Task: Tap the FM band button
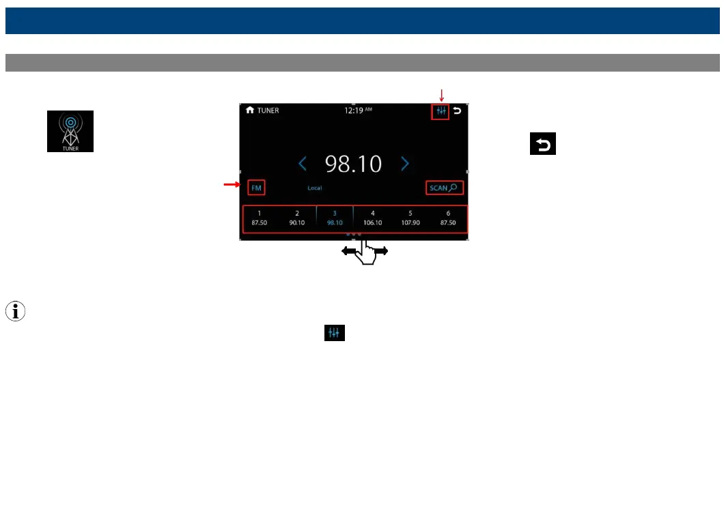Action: click(x=256, y=188)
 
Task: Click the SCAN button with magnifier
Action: click(x=444, y=188)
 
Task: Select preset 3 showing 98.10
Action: click(x=335, y=218)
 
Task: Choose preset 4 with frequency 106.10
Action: click(x=372, y=218)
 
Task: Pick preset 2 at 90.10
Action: click(x=297, y=218)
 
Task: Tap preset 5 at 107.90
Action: click(x=410, y=218)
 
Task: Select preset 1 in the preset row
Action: click(x=260, y=218)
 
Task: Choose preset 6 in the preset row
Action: click(x=448, y=218)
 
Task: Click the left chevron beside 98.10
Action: click(x=303, y=164)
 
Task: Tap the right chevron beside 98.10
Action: click(x=405, y=164)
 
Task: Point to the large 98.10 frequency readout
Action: click(x=353, y=164)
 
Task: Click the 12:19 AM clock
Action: click(x=358, y=111)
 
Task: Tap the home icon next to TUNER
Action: click(x=250, y=110)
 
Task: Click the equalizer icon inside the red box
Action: click(x=441, y=111)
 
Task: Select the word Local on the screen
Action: click(x=314, y=188)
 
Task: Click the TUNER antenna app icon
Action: click(x=70, y=131)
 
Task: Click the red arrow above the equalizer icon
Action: click(x=441, y=95)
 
